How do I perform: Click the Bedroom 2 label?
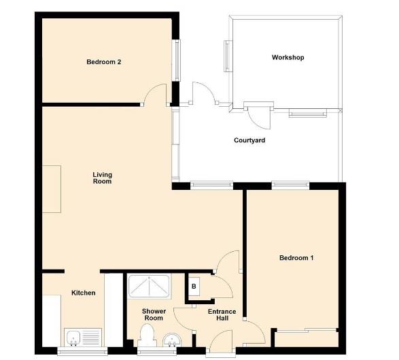click(103, 62)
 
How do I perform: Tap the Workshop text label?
click(288, 57)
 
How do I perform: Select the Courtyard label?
click(249, 141)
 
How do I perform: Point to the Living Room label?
click(102, 178)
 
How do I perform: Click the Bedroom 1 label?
click(296, 258)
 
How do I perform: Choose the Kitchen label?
click(84, 293)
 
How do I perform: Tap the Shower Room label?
click(154, 314)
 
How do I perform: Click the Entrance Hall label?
click(222, 315)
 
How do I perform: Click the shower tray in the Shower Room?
click(149, 287)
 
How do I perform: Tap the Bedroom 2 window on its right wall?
click(177, 59)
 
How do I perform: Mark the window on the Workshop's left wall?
click(228, 55)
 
